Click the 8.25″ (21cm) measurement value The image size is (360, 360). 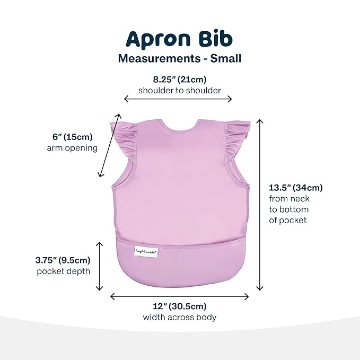[x=180, y=80]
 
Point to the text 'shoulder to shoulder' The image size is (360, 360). [x=180, y=91]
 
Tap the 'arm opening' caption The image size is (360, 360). [x=72, y=148]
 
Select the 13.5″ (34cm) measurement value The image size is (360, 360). [x=296, y=187]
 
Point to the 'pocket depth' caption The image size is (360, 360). [x=63, y=271]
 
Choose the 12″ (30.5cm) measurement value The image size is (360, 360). [x=180, y=306]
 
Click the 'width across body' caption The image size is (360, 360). [x=180, y=318]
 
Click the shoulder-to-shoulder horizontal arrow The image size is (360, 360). [x=178, y=99]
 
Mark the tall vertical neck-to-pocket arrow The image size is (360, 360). [x=259, y=205]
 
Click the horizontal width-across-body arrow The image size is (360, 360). [x=179, y=297]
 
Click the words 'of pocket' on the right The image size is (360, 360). [x=288, y=220]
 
